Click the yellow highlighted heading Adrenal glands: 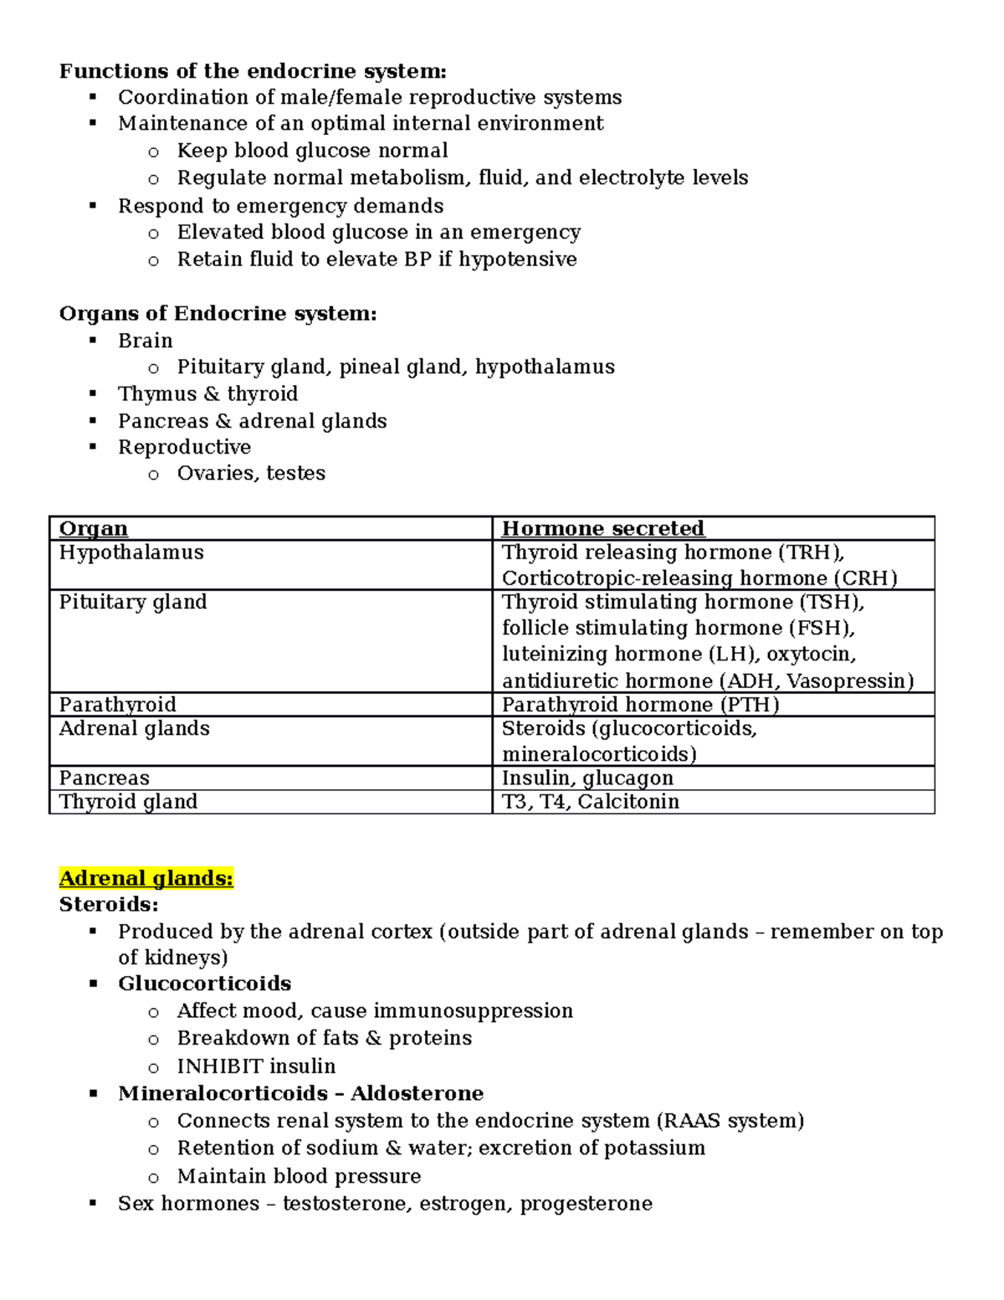coord(146,878)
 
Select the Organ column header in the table coord(94,529)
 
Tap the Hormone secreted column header coord(602,529)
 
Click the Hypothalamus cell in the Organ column coord(131,552)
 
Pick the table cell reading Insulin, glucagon coord(587,778)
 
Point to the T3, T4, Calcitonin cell coord(591,802)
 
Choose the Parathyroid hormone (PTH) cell coord(640,705)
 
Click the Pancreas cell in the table coord(104,778)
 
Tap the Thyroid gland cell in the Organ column coord(128,802)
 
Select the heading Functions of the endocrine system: coord(253,71)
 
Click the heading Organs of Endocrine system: coord(218,314)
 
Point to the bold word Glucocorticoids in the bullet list coord(204,984)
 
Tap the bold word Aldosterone coord(417,1093)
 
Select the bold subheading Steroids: coord(109,905)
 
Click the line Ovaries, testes coord(251,474)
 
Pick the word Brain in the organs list coord(146,341)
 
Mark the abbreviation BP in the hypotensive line coord(417,259)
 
